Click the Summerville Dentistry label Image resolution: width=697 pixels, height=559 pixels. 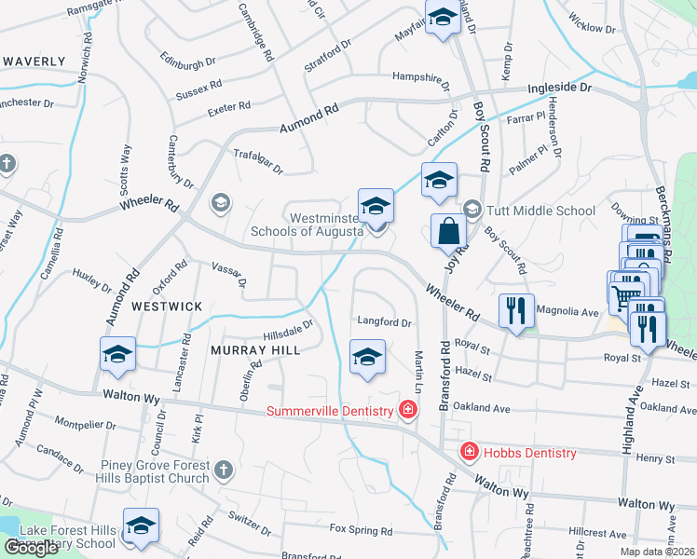click(331, 411)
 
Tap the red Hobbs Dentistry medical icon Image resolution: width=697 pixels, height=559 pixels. click(470, 453)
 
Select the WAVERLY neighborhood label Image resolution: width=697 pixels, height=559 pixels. click(34, 61)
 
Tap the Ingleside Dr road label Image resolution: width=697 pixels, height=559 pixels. click(560, 88)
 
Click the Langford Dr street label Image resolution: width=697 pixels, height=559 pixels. click(384, 322)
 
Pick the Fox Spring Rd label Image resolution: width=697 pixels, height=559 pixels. click(361, 529)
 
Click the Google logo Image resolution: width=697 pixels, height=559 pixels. click(31, 548)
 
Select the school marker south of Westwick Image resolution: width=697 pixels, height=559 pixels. click(117, 354)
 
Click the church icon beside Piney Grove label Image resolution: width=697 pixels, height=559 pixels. click(223, 470)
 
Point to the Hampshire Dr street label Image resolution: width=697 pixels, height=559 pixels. click(420, 77)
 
